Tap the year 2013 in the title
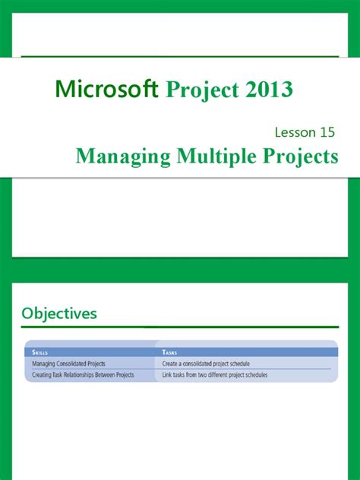267,90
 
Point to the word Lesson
295,132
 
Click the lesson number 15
328,132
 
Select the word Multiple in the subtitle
213,156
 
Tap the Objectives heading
59,313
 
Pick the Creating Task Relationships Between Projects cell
84,374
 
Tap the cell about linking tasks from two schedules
219,374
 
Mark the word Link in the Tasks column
167,374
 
